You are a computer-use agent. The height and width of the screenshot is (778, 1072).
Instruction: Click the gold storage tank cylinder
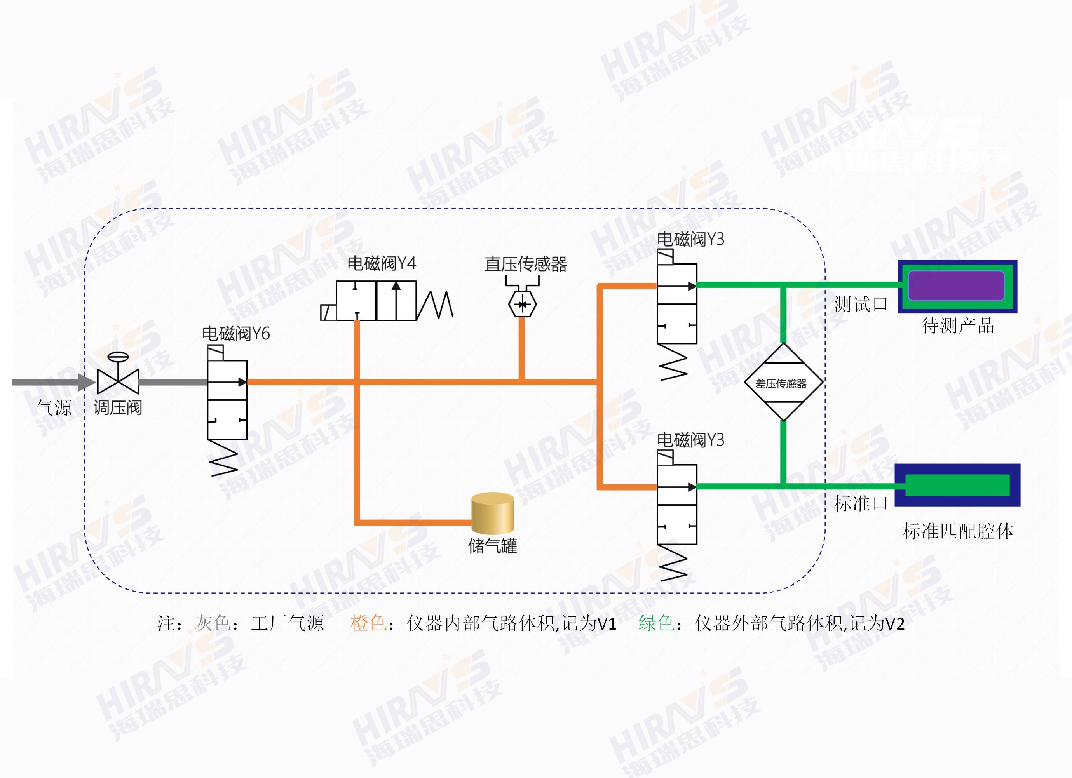click(x=493, y=513)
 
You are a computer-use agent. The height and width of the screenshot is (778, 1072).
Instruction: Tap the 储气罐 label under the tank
click(x=493, y=547)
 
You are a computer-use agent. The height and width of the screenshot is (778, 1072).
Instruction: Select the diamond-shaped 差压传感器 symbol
click(x=783, y=382)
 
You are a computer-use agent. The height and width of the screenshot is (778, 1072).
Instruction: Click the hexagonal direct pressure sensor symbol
click(x=522, y=305)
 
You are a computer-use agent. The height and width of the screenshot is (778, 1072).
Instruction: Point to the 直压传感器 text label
click(x=526, y=264)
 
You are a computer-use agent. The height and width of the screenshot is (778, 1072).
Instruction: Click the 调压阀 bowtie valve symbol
click(x=118, y=380)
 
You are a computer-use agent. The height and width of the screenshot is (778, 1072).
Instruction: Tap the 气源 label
click(x=54, y=408)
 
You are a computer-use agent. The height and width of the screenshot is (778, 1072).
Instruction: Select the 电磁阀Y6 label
click(x=236, y=334)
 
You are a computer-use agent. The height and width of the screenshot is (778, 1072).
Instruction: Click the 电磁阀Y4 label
click(x=382, y=263)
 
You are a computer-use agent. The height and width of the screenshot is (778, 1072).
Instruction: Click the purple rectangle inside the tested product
click(x=956, y=286)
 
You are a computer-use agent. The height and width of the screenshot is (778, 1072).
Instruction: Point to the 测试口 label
click(x=861, y=304)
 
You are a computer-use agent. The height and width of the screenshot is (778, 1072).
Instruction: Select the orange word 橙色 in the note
click(x=368, y=623)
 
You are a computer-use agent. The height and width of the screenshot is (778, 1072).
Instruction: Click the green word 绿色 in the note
click(x=656, y=623)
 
